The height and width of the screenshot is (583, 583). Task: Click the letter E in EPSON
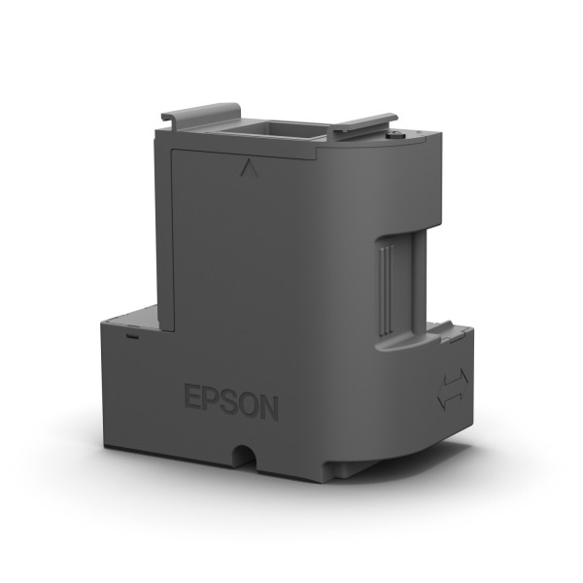click(x=193, y=399)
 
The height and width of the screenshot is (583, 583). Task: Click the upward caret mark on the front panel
click(x=243, y=167)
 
